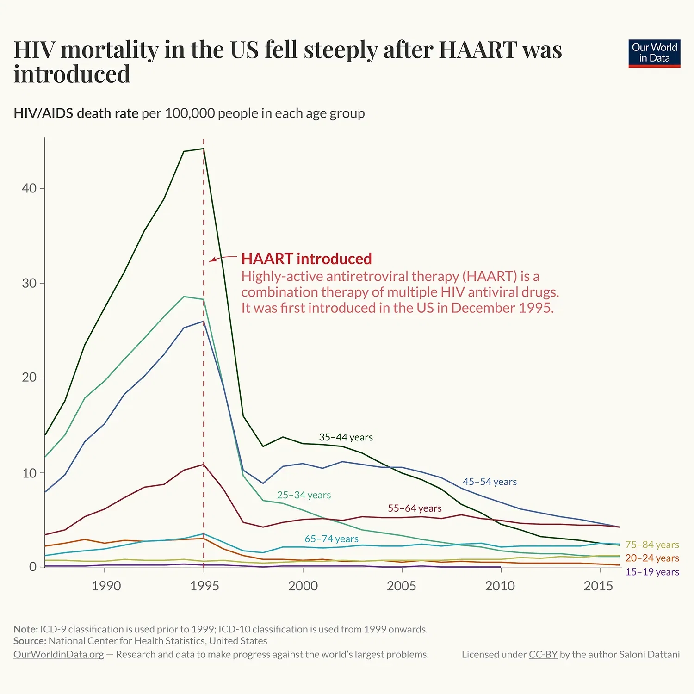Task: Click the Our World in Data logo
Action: point(654,53)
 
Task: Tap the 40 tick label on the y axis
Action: point(29,188)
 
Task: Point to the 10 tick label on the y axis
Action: point(29,473)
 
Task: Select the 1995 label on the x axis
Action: point(204,586)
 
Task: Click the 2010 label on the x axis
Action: point(500,586)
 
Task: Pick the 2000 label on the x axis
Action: point(303,586)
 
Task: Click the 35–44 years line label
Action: point(346,437)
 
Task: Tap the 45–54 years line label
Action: point(490,482)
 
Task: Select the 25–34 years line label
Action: point(304,495)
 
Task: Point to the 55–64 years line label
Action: point(415,508)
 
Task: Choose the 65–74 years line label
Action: point(331,539)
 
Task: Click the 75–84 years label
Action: point(652,545)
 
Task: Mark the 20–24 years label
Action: point(652,558)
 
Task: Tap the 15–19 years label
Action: point(652,572)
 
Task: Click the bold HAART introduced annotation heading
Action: point(306,259)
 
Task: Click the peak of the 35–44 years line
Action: point(204,149)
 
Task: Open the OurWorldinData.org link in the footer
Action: point(58,654)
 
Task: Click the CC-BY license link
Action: point(543,654)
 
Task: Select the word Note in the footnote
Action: point(25,629)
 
